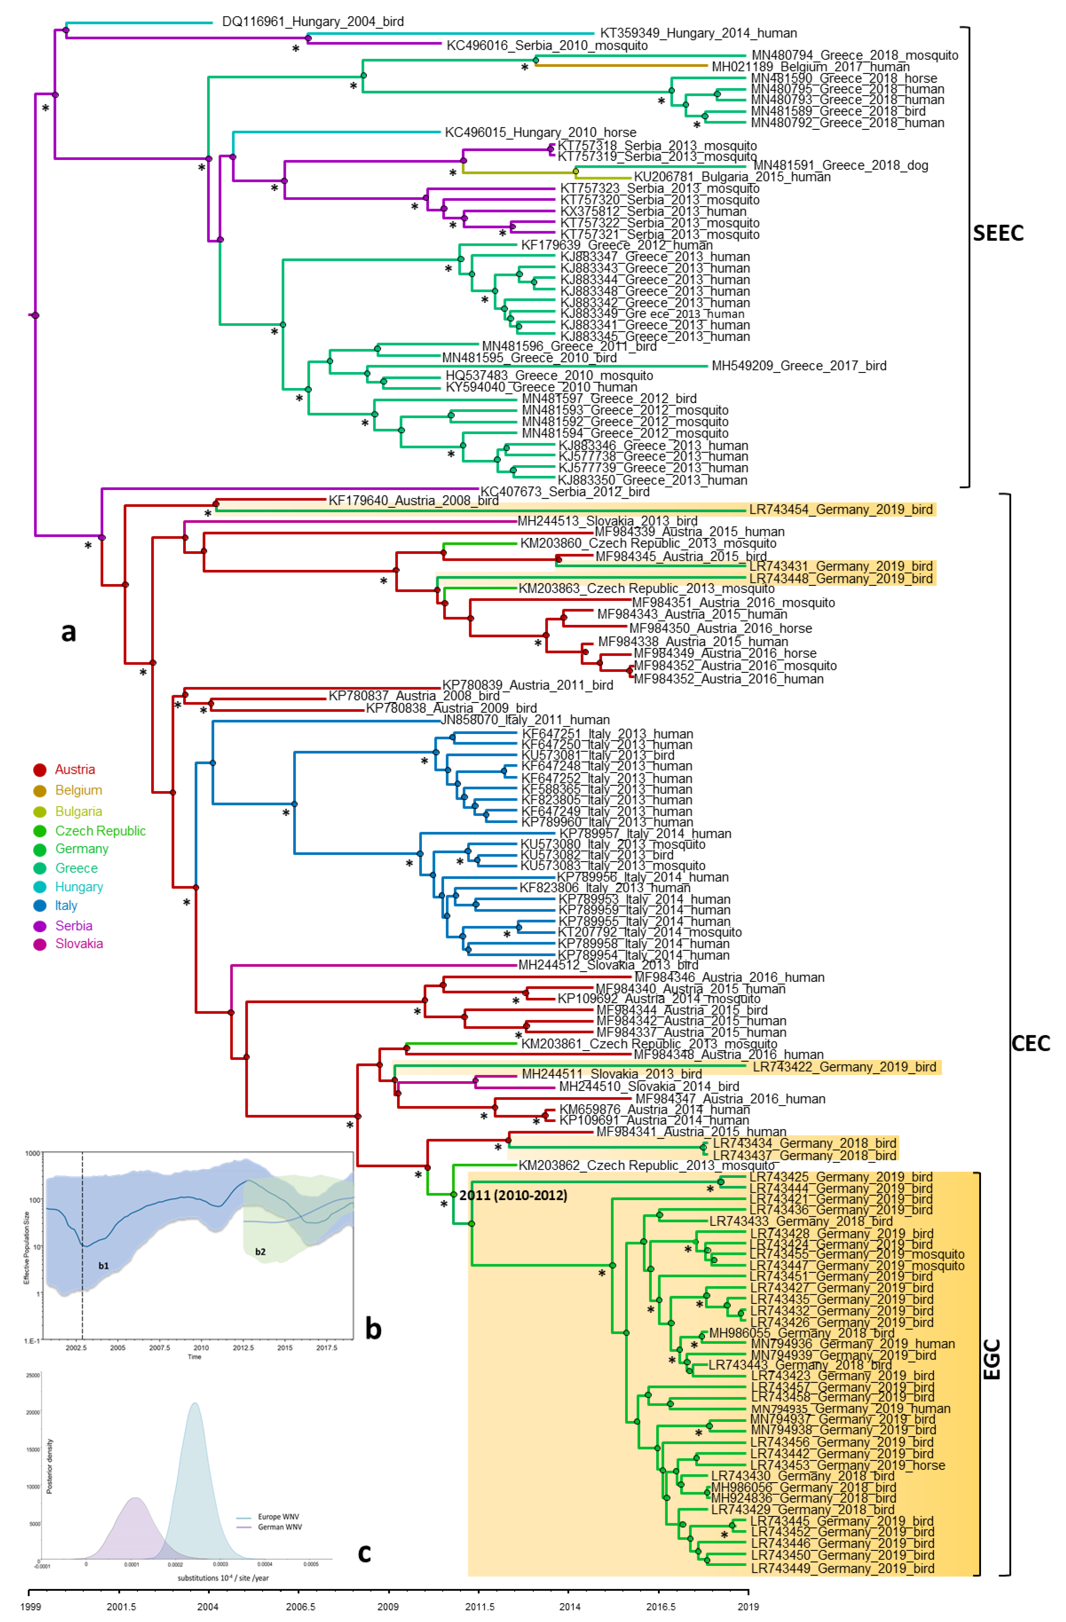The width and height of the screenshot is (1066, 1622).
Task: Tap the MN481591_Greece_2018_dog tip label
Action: click(841, 165)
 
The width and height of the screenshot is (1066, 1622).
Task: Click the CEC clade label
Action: click(1031, 1043)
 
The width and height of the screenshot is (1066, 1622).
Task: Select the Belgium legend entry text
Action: click(78, 790)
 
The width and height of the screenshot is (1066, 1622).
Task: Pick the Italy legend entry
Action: click(66, 905)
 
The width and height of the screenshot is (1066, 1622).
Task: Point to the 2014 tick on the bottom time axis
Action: click(570, 1606)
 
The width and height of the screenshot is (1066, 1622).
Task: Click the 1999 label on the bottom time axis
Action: click(30, 1606)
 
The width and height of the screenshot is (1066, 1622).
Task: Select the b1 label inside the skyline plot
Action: click(103, 1266)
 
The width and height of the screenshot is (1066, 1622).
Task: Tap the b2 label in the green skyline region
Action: click(260, 1251)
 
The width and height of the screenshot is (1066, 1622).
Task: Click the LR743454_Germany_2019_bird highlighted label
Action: click(841, 509)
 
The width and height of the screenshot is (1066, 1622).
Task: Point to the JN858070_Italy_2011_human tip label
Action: click(525, 720)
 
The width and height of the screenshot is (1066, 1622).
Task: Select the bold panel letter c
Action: click(365, 1553)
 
